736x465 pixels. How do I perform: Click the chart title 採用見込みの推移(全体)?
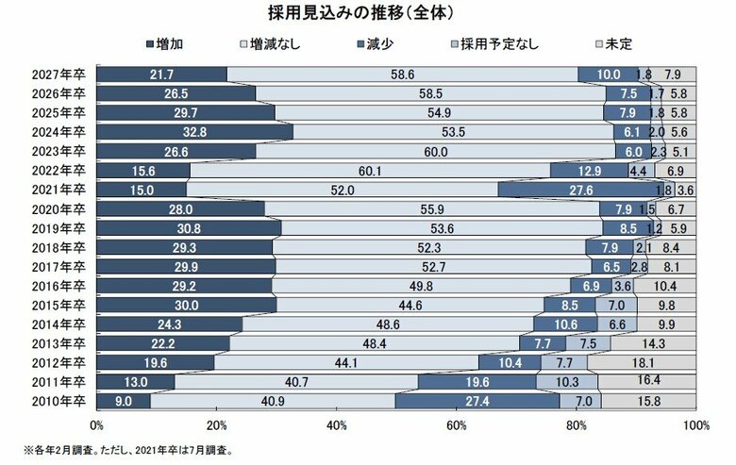368,13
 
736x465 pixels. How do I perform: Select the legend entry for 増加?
173,43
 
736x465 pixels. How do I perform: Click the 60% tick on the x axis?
457,425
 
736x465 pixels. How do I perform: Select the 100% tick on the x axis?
694,425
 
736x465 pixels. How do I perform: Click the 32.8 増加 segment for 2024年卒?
194,132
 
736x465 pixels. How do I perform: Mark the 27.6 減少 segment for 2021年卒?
580,190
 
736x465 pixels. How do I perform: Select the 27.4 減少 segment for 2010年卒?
477,401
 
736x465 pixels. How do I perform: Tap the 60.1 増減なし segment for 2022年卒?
370,171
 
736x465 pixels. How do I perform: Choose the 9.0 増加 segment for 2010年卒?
124,401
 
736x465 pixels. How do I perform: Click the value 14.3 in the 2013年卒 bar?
653,343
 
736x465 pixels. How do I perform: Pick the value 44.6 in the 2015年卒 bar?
410,305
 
